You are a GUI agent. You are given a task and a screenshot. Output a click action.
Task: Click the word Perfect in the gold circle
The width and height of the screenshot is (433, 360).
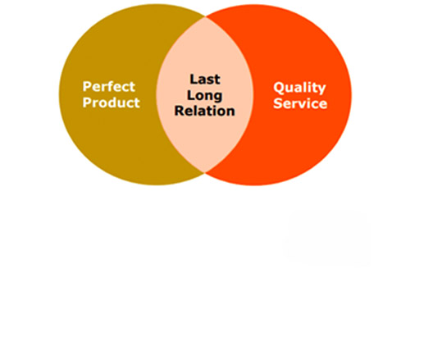click(109, 87)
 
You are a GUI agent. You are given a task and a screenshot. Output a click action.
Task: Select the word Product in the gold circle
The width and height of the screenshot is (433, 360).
click(111, 103)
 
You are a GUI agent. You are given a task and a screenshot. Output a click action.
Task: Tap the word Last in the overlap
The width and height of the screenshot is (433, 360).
click(205, 80)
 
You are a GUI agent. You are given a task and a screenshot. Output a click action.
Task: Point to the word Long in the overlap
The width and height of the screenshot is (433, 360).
click(205, 96)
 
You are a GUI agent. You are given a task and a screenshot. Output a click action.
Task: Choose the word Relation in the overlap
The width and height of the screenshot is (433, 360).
click(205, 111)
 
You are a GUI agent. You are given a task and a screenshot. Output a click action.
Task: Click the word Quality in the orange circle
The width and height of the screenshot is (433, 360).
click(299, 88)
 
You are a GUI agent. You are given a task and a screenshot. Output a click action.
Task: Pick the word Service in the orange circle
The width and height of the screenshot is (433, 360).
click(300, 103)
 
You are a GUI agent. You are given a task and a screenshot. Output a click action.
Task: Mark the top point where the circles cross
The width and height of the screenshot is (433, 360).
click(205, 17)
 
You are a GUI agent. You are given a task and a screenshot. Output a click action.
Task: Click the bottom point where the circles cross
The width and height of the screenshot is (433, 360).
click(205, 172)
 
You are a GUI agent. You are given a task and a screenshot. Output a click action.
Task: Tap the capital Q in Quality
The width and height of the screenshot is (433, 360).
click(279, 88)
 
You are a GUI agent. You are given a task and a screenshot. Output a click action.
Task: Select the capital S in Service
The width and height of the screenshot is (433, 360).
click(278, 103)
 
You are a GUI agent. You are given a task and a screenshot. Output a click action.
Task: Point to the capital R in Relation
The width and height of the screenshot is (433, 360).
click(180, 111)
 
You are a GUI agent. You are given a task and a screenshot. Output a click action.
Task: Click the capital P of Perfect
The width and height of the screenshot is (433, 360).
click(87, 87)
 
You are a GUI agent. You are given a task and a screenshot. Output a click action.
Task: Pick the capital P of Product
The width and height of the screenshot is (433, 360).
click(87, 103)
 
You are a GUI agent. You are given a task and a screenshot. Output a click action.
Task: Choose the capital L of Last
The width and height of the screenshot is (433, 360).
click(194, 80)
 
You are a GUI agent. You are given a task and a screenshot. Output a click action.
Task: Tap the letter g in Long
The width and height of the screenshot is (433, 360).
click(217, 98)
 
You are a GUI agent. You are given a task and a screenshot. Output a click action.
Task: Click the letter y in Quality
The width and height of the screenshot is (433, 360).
click(321, 89)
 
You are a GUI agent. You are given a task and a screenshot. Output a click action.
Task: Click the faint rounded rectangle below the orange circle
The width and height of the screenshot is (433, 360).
click(327, 238)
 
